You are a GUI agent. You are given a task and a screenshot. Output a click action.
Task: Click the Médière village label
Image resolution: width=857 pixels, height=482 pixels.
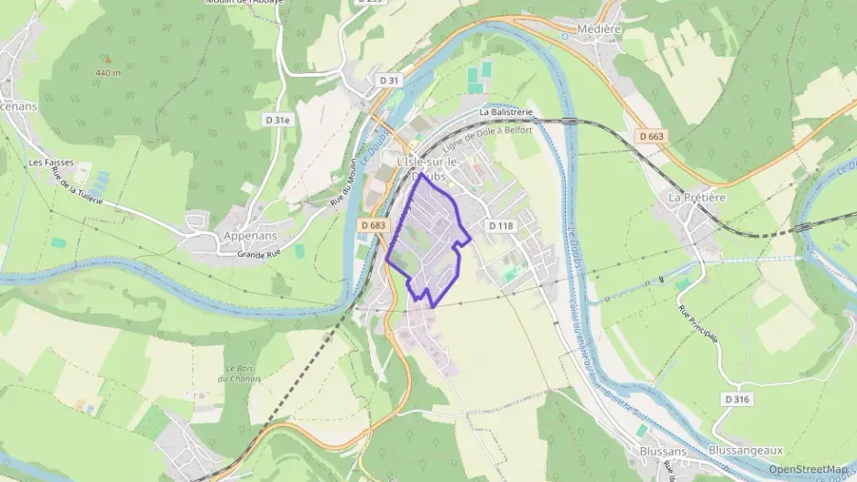(x=600, y=29)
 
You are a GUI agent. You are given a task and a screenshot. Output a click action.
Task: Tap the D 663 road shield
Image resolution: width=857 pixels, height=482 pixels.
(x=651, y=136)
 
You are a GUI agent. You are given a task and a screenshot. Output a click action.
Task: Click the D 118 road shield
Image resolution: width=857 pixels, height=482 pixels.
(x=501, y=225)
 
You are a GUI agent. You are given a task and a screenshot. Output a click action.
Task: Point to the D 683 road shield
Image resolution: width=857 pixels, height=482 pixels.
(x=374, y=224)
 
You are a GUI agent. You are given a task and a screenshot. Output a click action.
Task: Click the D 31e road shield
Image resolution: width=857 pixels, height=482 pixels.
(x=277, y=119)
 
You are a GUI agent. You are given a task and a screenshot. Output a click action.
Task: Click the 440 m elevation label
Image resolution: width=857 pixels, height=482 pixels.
(x=108, y=71)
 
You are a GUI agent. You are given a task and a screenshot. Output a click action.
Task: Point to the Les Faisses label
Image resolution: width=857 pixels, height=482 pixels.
(x=51, y=163)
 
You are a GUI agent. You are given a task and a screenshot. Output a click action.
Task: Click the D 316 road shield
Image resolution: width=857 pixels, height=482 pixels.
(x=736, y=399)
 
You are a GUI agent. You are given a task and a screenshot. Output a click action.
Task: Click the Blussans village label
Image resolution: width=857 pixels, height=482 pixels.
(x=663, y=451)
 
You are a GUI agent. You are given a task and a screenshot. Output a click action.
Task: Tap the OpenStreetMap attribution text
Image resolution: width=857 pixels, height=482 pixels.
(x=808, y=469)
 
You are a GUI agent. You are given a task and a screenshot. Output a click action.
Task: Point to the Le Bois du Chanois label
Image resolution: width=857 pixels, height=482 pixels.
(x=239, y=374)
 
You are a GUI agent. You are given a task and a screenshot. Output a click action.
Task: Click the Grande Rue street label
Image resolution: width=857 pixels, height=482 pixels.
(x=257, y=253)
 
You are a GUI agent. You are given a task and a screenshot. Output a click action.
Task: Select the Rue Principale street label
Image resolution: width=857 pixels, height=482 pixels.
(x=698, y=324)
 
